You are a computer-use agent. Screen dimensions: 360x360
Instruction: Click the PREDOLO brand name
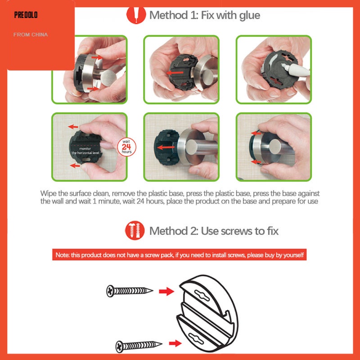click(26, 15)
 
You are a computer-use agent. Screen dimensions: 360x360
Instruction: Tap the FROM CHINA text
click(31, 35)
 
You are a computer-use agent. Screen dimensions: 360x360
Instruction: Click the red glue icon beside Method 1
click(136, 15)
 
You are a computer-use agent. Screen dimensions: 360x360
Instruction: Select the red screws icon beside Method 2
click(135, 230)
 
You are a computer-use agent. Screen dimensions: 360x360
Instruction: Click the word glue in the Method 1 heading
click(250, 16)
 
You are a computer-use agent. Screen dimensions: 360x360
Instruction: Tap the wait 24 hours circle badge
click(126, 147)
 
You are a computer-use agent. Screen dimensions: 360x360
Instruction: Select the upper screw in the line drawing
click(130, 291)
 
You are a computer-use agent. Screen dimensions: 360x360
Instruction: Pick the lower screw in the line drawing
click(139, 346)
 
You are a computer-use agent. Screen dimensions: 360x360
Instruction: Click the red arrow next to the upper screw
click(166, 291)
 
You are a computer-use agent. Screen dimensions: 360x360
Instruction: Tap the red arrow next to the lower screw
click(175, 343)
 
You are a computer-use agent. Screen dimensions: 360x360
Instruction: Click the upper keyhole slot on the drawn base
click(202, 295)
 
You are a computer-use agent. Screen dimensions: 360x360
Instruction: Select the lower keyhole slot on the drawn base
click(196, 338)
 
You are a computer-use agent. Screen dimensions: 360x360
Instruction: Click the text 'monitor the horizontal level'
click(85, 151)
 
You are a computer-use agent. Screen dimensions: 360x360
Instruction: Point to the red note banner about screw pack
click(179, 255)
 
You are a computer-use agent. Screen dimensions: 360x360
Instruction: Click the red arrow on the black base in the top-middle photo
click(175, 73)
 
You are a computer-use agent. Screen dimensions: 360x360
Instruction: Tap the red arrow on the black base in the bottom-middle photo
click(166, 147)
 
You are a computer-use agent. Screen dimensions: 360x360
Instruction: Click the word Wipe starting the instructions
click(48, 193)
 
